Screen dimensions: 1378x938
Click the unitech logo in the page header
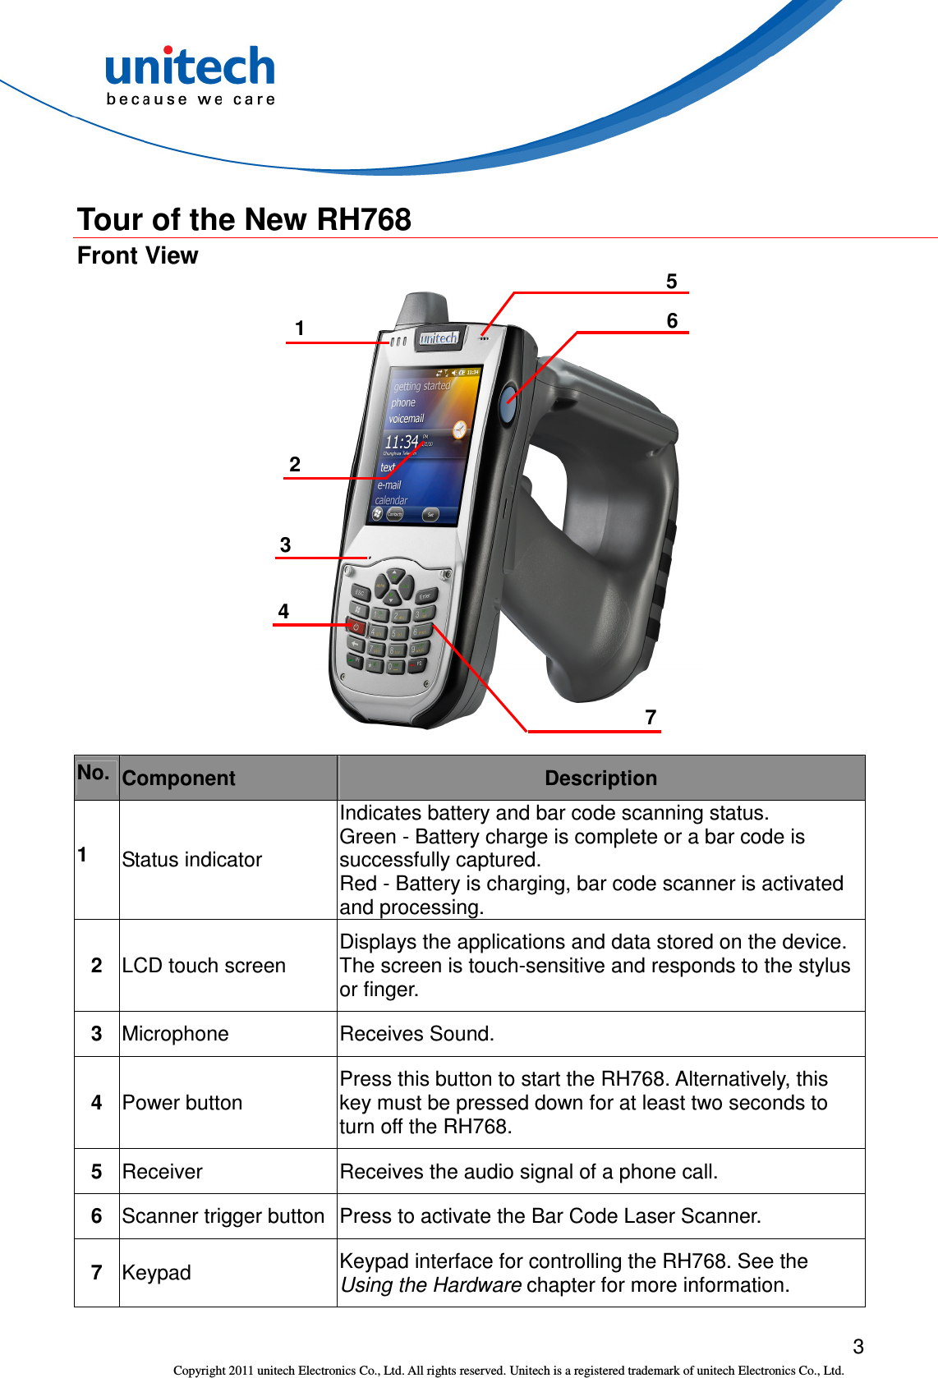(x=190, y=75)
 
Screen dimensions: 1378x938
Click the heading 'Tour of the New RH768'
(x=244, y=219)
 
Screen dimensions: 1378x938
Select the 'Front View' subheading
(x=137, y=255)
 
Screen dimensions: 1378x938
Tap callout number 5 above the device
(x=671, y=282)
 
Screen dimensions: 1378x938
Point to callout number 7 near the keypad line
(x=651, y=718)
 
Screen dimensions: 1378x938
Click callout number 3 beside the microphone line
(x=285, y=545)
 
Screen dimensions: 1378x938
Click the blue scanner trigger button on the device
(x=508, y=402)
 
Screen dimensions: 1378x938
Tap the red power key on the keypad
(x=356, y=627)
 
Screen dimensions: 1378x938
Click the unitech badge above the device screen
(x=439, y=338)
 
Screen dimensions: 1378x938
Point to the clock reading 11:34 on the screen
(x=402, y=442)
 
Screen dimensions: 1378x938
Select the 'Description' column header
(x=600, y=778)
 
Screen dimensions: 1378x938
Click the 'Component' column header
(x=178, y=778)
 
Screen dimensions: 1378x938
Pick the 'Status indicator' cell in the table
(x=191, y=859)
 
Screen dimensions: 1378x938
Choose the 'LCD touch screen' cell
(x=204, y=965)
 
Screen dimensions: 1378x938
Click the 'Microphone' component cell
(x=175, y=1033)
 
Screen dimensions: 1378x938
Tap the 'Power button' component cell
(x=182, y=1102)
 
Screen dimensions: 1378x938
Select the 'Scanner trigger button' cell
(x=223, y=1215)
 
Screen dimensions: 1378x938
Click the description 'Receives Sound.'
(x=416, y=1033)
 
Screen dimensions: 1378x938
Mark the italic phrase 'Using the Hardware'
(x=430, y=1284)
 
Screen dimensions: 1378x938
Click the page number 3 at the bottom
(x=858, y=1346)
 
